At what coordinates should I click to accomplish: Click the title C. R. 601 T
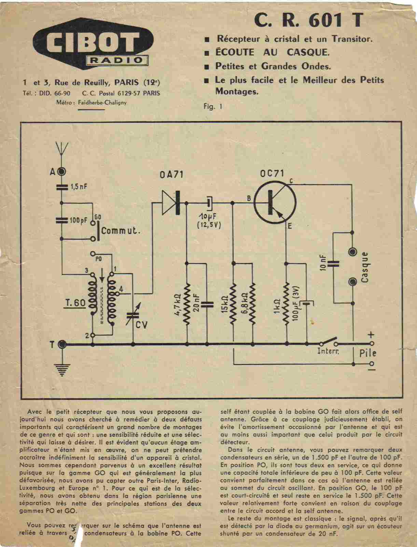point(308,21)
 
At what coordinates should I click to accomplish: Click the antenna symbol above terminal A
point(62,149)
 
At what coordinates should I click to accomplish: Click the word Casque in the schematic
point(365,267)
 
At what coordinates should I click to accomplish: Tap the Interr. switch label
point(328,351)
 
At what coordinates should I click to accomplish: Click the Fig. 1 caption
point(213,106)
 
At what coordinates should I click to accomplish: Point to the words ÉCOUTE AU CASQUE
point(272,52)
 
